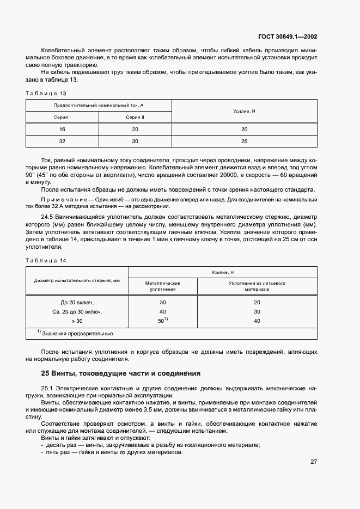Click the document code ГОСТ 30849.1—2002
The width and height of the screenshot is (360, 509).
(288, 37)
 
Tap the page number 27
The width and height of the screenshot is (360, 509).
(314, 462)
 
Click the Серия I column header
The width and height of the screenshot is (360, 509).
(62, 117)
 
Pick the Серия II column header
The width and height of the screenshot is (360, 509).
(135, 117)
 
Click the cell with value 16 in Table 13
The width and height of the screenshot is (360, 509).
(62, 129)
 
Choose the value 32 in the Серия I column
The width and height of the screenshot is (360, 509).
(62, 141)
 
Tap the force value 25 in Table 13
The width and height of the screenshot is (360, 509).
(244, 141)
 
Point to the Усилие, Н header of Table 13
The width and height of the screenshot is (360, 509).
(244, 111)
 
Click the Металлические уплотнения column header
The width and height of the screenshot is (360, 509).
(163, 286)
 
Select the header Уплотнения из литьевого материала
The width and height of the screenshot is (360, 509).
(257, 286)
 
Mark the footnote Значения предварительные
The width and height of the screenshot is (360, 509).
(76, 333)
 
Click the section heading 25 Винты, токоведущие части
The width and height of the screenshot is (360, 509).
(121, 373)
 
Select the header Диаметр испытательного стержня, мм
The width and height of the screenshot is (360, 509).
(77, 280)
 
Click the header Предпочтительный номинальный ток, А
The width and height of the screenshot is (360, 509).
(99, 105)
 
